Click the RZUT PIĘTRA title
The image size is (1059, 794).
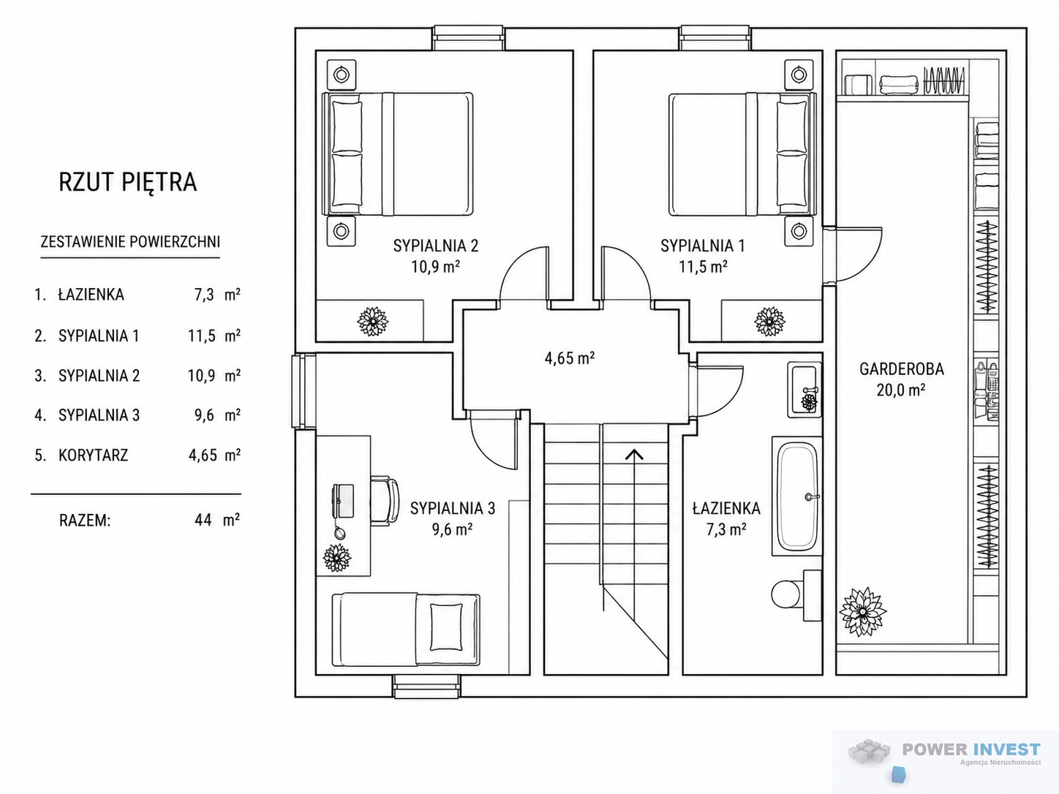[128, 181]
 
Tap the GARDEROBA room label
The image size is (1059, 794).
[901, 368]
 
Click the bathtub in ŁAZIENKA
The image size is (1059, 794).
[797, 496]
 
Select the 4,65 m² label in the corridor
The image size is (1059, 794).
[569, 358]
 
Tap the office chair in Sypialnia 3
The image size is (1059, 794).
[385, 502]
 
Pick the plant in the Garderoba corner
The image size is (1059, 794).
[863, 612]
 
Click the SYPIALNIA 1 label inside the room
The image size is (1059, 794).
[702, 246]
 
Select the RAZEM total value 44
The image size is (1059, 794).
[203, 520]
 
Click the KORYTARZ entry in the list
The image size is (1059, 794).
[93, 455]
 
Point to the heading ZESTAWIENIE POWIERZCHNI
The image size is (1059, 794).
[130, 241]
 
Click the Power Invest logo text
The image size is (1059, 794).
[971, 749]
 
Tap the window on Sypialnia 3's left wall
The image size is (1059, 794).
[304, 391]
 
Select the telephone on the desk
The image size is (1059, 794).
[343, 502]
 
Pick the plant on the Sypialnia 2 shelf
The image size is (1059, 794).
[372, 322]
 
